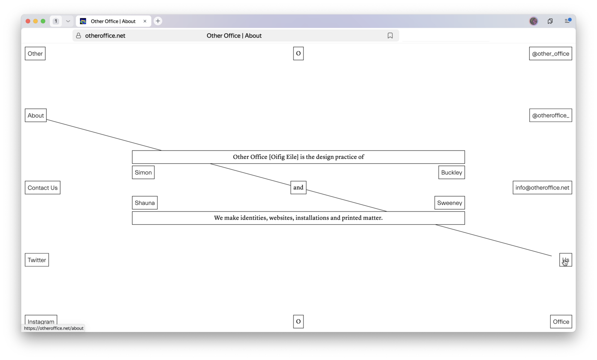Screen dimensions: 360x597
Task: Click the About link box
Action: (x=36, y=115)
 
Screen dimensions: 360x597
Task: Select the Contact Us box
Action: (x=42, y=187)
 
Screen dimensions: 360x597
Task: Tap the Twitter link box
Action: (x=36, y=260)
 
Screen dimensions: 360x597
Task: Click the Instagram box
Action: (x=41, y=321)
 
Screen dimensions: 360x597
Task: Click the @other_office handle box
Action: (x=550, y=54)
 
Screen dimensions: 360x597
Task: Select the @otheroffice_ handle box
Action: (x=550, y=115)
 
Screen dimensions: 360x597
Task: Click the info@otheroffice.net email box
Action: (x=542, y=187)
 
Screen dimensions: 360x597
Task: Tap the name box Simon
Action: (x=143, y=173)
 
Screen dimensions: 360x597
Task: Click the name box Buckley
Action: (x=451, y=173)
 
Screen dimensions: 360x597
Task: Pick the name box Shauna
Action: (x=145, y=203)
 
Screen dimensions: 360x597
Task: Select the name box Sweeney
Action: (x=449, y=203)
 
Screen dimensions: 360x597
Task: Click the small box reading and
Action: (x=298, y=187)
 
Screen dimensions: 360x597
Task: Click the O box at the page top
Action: (x=298, y=54)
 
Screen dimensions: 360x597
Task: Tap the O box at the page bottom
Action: (x=298, y=321)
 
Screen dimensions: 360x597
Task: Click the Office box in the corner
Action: (x=561, y=321)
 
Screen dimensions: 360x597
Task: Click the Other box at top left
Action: (x=35, y=54)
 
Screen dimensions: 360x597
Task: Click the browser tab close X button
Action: (x=145, y=21)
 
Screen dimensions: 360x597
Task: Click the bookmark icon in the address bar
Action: (x=390, y=36)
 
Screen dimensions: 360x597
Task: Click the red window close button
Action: (x=28, y=21)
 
